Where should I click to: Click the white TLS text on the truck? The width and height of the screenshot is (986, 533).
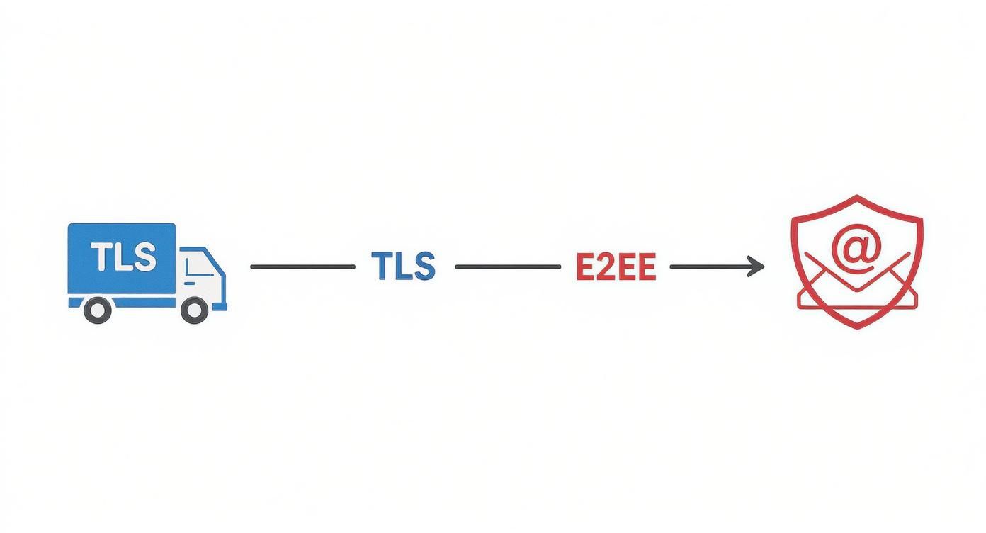124,257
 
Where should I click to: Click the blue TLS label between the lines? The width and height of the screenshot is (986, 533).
403,266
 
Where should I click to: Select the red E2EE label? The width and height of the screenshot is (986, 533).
616,266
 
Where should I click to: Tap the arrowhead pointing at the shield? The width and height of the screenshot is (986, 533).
756,266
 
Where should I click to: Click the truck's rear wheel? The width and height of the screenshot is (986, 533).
97,310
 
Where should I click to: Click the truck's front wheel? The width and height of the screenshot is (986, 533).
194,310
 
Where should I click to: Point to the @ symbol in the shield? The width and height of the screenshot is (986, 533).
856,249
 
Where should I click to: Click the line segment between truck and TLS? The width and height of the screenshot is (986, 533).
303,266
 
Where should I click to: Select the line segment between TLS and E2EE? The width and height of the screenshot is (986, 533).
508,266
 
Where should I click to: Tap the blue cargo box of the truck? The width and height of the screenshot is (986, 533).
122,259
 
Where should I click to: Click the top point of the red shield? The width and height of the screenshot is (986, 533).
856,196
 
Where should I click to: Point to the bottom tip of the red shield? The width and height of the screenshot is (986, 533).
856,328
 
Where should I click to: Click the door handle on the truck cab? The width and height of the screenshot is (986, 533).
189,284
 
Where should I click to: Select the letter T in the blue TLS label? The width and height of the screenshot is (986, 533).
380,266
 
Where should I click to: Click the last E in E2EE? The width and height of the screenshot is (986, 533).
646,266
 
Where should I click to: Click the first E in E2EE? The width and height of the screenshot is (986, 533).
585,266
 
